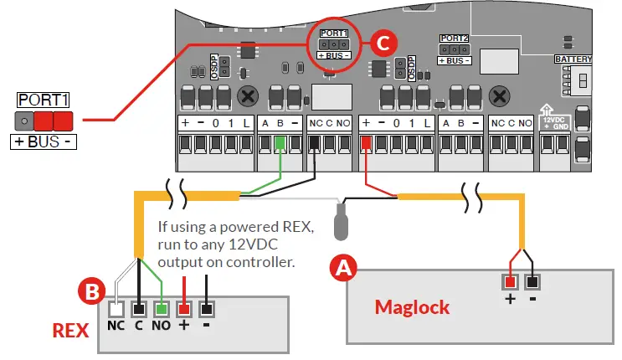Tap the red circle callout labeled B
click(90, 292)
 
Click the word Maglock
click(412, 306)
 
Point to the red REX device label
click(71, 329)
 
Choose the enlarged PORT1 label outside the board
click(43, 99)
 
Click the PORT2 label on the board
click(454, 39)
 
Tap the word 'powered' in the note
click(226, 227)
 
